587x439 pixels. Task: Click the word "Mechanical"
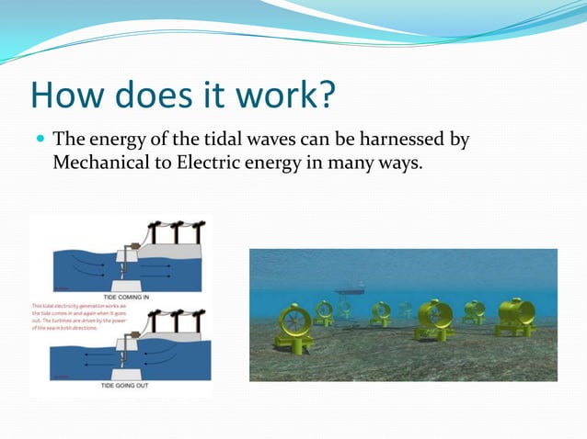coord(99,164)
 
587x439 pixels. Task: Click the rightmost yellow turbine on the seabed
coord(515,316)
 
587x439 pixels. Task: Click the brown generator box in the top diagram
coord(134,246)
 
